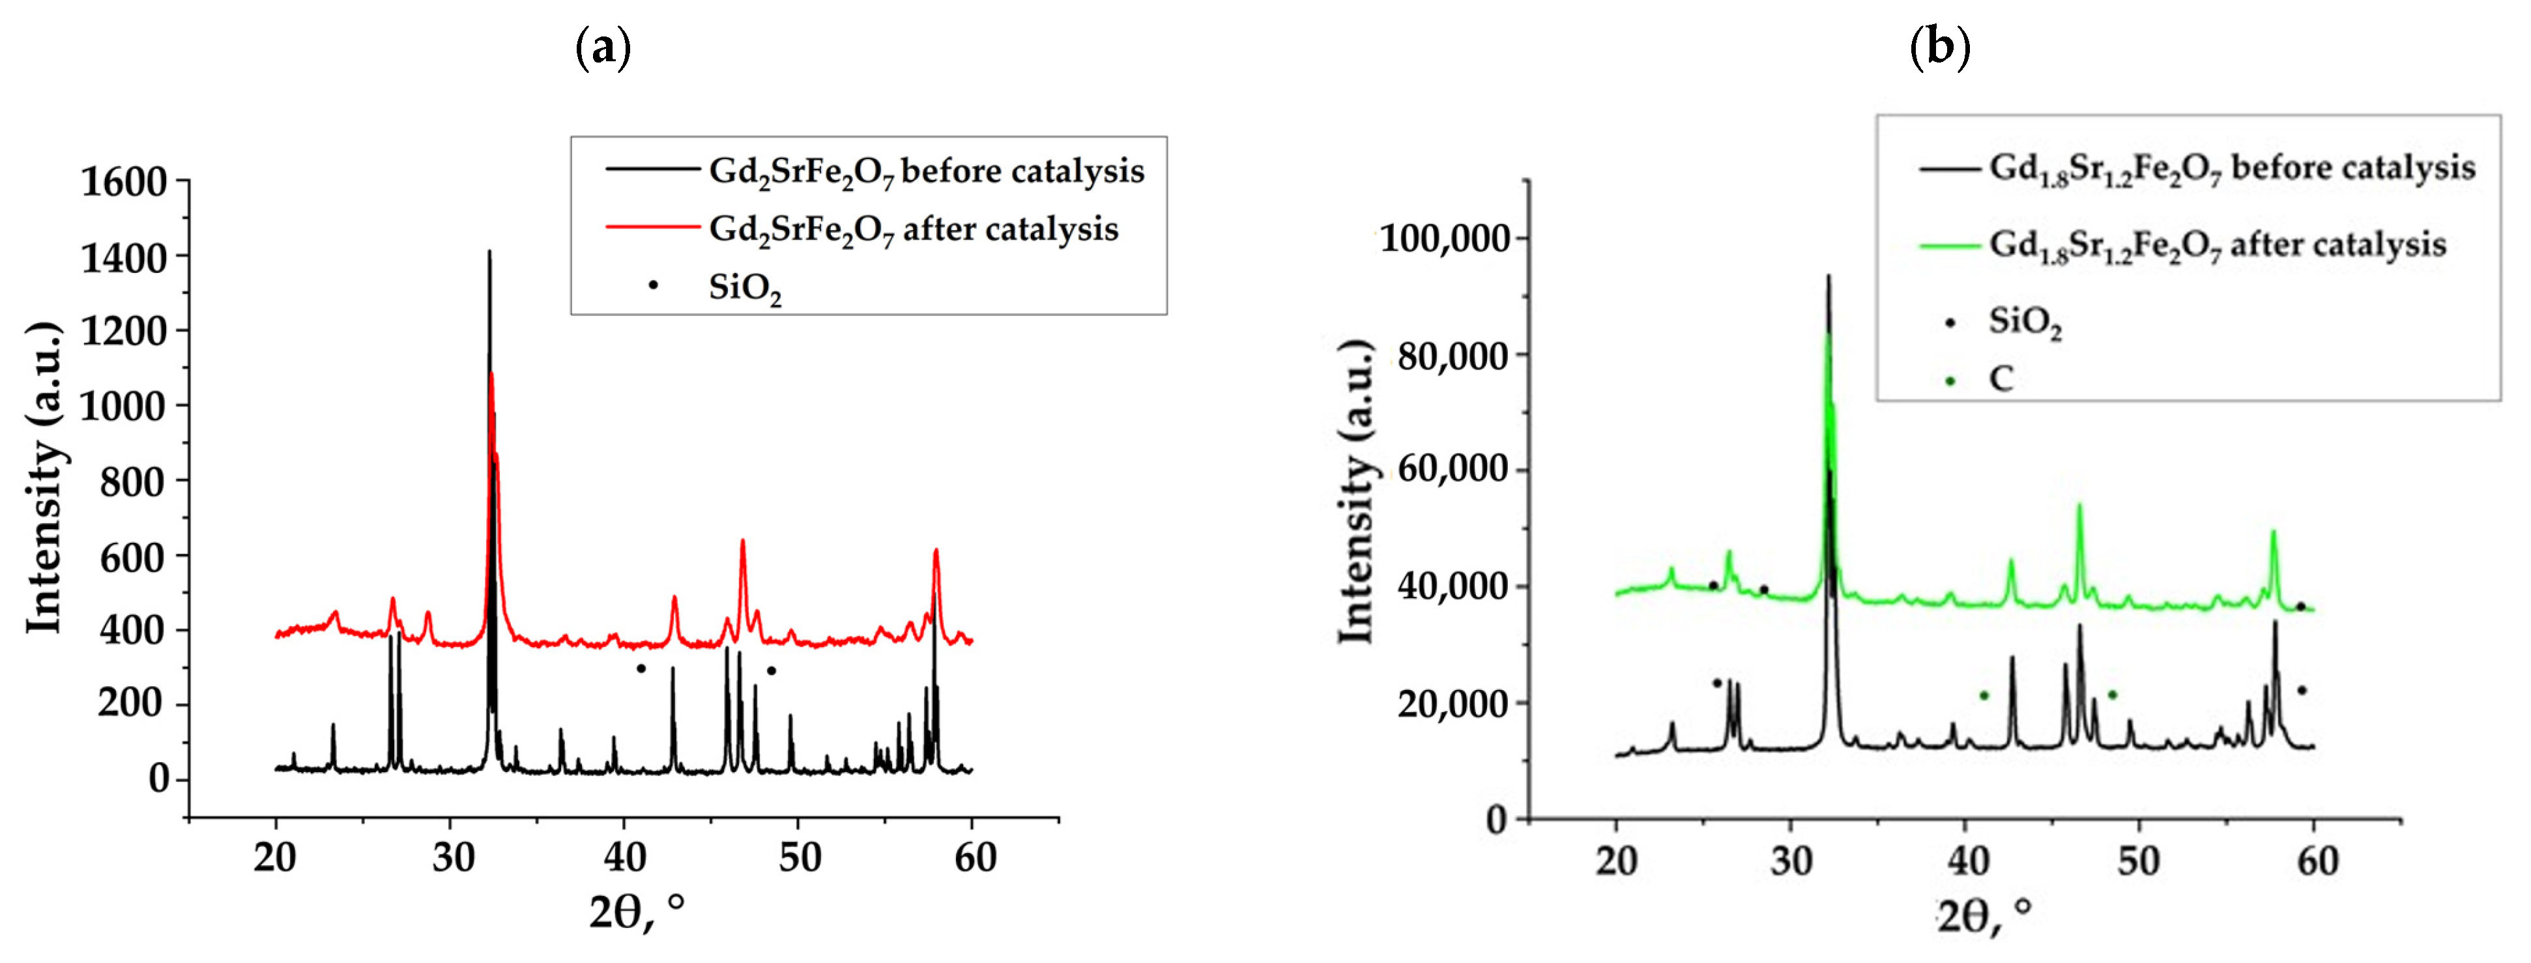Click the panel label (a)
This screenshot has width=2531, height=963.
coord(602,46)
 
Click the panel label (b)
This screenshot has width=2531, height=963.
coord(1939,46)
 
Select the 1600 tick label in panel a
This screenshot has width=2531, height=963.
coord(124,183)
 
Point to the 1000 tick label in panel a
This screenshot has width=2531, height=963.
coord(124,406)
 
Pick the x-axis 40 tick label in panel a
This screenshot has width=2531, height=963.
coord(625,858)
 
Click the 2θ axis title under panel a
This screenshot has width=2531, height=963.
coord(636,912)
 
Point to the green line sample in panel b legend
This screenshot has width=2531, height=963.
coord(1948,245)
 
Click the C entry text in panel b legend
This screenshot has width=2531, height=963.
coord(2001,379)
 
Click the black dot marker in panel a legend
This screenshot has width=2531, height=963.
coord(654,285)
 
